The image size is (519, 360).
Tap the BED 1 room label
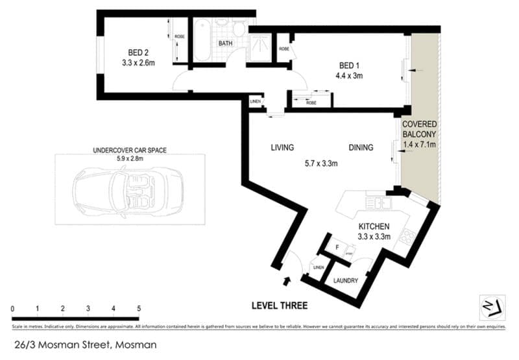[348, 66]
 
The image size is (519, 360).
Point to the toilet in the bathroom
[238, 27]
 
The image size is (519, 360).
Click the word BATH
[225, 44]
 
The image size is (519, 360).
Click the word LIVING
[282, 147]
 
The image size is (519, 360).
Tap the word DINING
[360, 147]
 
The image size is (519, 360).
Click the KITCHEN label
[374, 226]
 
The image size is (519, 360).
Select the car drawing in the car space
[129, 193]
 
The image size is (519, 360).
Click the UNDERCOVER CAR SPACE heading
[130, 150]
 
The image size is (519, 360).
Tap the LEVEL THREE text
[279, 306]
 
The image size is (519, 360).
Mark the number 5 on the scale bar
[138, 309]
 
